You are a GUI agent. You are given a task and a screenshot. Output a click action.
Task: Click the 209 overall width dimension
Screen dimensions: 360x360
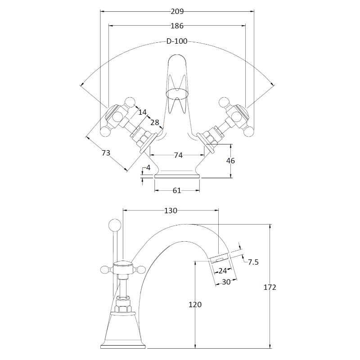click(x=177, y=11)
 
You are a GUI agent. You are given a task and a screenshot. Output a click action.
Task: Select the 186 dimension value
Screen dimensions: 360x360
click(x=177, y=26)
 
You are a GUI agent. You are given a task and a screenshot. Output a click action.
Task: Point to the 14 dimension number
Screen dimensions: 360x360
click(x=143, y=112)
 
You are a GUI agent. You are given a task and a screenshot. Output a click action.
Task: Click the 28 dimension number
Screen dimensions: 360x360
click(x=154, y=123)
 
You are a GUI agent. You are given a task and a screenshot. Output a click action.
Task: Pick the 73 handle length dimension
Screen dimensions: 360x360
click(x=106, y=153)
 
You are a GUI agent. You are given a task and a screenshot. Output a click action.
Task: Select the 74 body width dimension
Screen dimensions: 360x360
click(x=178, y=155)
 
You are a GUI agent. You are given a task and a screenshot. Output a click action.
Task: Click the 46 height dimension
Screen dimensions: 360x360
click(x=230, y=161)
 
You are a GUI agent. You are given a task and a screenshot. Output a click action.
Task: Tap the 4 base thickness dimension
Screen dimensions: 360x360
click(x=148, y=168)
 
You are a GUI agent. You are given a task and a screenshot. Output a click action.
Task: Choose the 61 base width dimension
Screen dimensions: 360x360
click(x=177, y=190)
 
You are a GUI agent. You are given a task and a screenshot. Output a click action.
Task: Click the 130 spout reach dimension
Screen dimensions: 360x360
click(x=171, y=210)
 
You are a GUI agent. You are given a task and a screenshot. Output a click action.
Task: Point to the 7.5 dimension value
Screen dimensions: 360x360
click(x=253, y=262)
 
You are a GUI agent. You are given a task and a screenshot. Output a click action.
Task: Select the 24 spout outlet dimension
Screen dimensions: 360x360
click(x=222, y=271)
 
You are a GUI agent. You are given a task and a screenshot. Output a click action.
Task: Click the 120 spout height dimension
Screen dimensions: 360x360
click(x=195, y=305)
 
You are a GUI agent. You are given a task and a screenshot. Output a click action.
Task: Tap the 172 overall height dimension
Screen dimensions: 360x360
click(x=270, y=287)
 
